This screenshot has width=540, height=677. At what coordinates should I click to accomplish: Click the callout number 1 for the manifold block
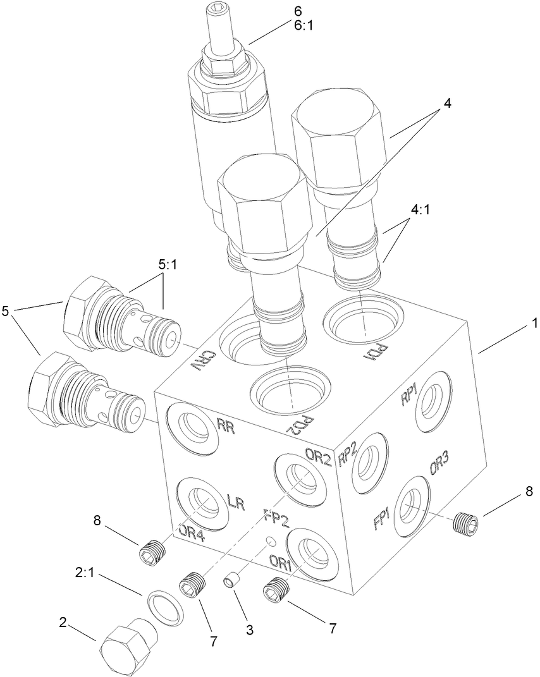tap(534, 323)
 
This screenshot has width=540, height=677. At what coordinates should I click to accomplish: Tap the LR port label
tap(235, 503)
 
